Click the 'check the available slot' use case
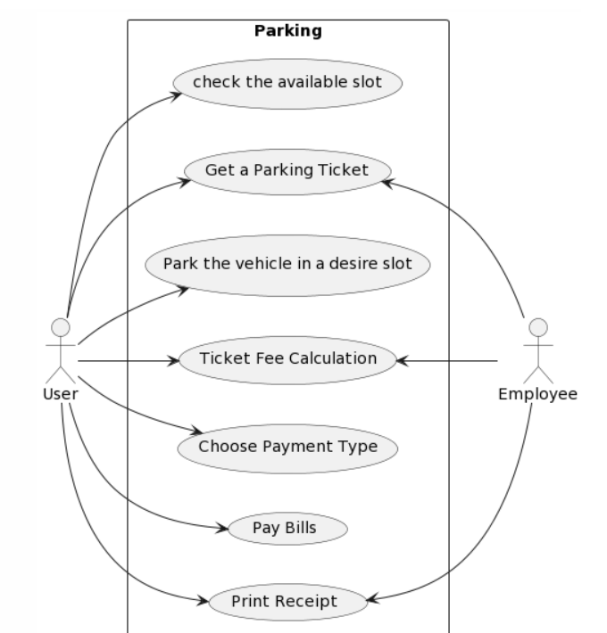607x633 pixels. point(287,83)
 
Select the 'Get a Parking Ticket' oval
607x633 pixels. point(287,169)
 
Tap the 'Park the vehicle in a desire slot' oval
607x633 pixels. point(287,265)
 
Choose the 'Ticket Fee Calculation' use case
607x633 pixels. point(287,360)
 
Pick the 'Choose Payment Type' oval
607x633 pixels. point(287,447)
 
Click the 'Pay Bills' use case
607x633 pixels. point(287,528)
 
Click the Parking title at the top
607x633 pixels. point(287,31)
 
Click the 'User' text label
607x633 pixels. point(60,393)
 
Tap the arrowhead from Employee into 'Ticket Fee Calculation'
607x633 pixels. point(402,360)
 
